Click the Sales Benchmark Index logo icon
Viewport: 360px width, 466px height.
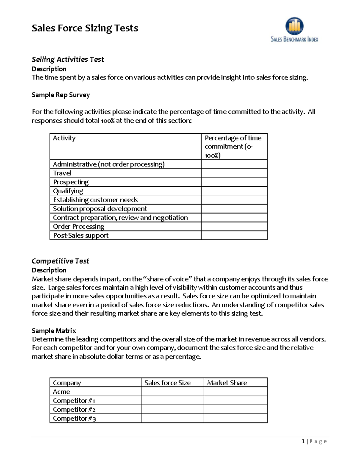[x=294, y=26]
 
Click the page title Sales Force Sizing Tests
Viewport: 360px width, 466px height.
[x=85, y=28]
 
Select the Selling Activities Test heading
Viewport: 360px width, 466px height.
[x=68, y=59]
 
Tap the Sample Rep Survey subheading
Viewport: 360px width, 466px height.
[x=61, y=95]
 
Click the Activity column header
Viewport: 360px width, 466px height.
[x=64, y=138]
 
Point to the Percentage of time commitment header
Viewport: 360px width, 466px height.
[x=233, y=146]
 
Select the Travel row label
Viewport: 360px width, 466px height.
[x=62, y=173]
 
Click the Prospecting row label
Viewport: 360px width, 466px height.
[x=71, y=182]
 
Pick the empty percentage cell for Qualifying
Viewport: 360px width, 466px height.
[x=234, y=191]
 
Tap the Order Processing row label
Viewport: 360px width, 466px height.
[x=79, y=227]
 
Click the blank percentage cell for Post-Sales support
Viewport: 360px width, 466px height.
[x=234, y=236]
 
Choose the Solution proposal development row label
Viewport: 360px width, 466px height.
[x=100, y=209]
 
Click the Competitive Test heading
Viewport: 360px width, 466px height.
[x=60, y=261]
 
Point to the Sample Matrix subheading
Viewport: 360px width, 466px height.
[x=54, y=331]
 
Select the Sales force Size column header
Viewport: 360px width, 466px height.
[x=167, y=383]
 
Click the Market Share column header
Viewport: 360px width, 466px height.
[x=227, y=383]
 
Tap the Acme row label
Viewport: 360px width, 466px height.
[x=61, y=392]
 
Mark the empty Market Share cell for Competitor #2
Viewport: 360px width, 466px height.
[x=235, y=410]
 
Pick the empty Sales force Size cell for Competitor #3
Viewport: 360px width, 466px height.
[x=172, y=419]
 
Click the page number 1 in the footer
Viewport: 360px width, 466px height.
[x=303, y=441]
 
